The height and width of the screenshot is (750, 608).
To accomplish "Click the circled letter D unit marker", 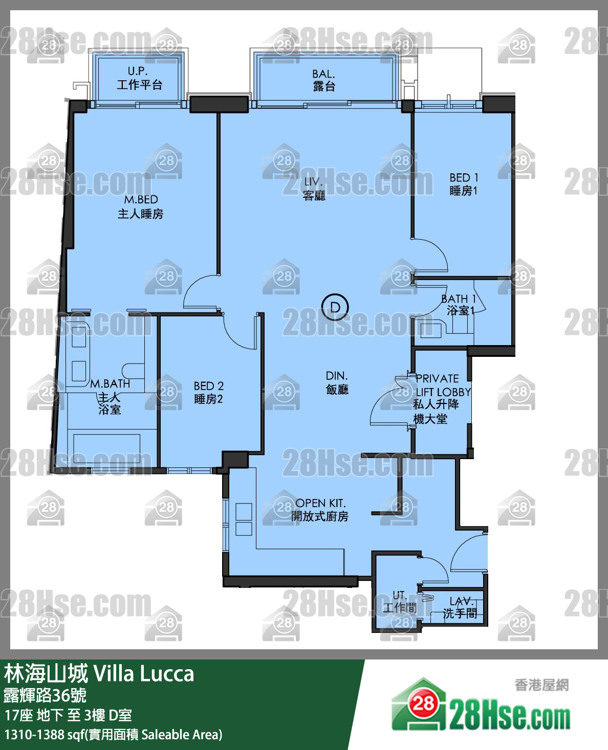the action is click(x=335, y=307).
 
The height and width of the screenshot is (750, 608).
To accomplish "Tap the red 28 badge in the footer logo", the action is click(x=423, y=703).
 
